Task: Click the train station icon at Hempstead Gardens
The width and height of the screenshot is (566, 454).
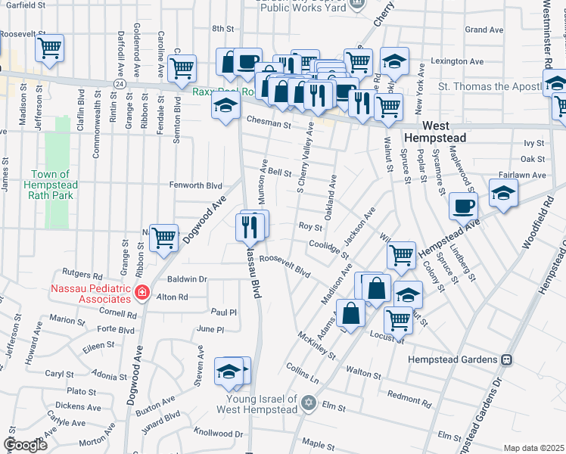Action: (508, 359)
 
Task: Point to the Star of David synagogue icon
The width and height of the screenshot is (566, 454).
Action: (308, 403)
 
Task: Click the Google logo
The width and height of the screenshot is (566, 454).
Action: (26, 445)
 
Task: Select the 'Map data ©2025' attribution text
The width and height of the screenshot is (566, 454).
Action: (533, 448)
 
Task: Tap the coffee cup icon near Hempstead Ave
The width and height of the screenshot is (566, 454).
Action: (463, 205)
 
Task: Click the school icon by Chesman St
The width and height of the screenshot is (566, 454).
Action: (225, 107)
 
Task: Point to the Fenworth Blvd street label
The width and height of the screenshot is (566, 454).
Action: (195, 185)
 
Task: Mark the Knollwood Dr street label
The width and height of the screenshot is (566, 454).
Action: (219, 434)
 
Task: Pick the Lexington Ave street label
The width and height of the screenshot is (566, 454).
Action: (456, 61)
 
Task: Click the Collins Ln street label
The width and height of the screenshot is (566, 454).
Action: (303, 372)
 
